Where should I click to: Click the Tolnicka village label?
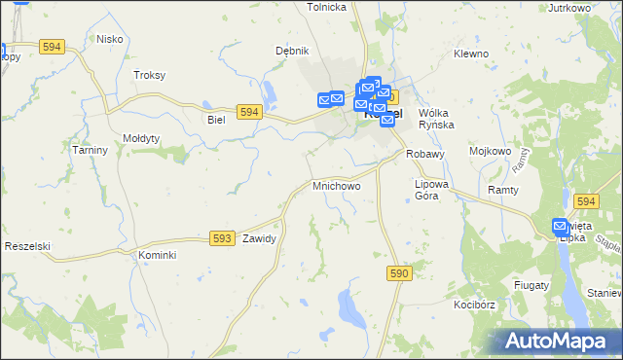pos(327,7)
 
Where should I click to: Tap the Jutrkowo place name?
pos(570,8)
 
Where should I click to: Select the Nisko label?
pos(108,39)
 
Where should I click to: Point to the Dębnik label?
pos(291,51)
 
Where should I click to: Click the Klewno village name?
pos(471,54)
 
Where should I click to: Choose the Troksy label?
pos(150,75)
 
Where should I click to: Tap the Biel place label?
pos(216,120)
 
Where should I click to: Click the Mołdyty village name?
pos(141,138)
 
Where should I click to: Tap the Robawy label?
pos(425,154)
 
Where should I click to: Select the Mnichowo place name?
pos(336,185)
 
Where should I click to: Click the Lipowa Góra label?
pos(431,190)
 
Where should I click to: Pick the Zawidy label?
pos(260,238)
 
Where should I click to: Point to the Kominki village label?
pos(156,255)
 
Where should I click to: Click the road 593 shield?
pos(222,237)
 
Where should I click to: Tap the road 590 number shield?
pos(398,275)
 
